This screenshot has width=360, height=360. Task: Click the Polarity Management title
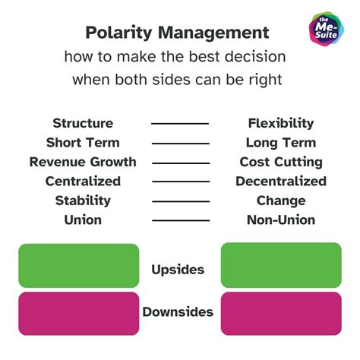coord(177,33)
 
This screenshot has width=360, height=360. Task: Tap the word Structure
coord(83,123)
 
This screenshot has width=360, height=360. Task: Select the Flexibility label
coord(281,123)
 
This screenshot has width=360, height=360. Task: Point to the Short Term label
coord(83,143)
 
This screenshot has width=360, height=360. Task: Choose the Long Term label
coord(281,143)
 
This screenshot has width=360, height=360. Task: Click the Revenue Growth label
coord(83,162)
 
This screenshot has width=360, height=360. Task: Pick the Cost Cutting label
coord(281,162)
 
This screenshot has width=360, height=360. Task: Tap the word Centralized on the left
coord(83,182)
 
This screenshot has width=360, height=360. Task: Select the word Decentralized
coord(281,182)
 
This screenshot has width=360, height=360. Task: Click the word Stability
coord(83,201)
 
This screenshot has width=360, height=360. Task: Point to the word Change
coord(281,201)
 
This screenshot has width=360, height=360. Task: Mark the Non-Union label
coord(281,220)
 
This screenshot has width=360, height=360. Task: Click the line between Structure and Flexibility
coord(180,123)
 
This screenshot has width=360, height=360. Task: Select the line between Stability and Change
coord(180,201)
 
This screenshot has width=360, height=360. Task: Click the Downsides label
coord(178,311)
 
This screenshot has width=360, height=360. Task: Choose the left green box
coord(79,265)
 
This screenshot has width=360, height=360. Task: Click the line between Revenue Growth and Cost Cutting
coord(180,162)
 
